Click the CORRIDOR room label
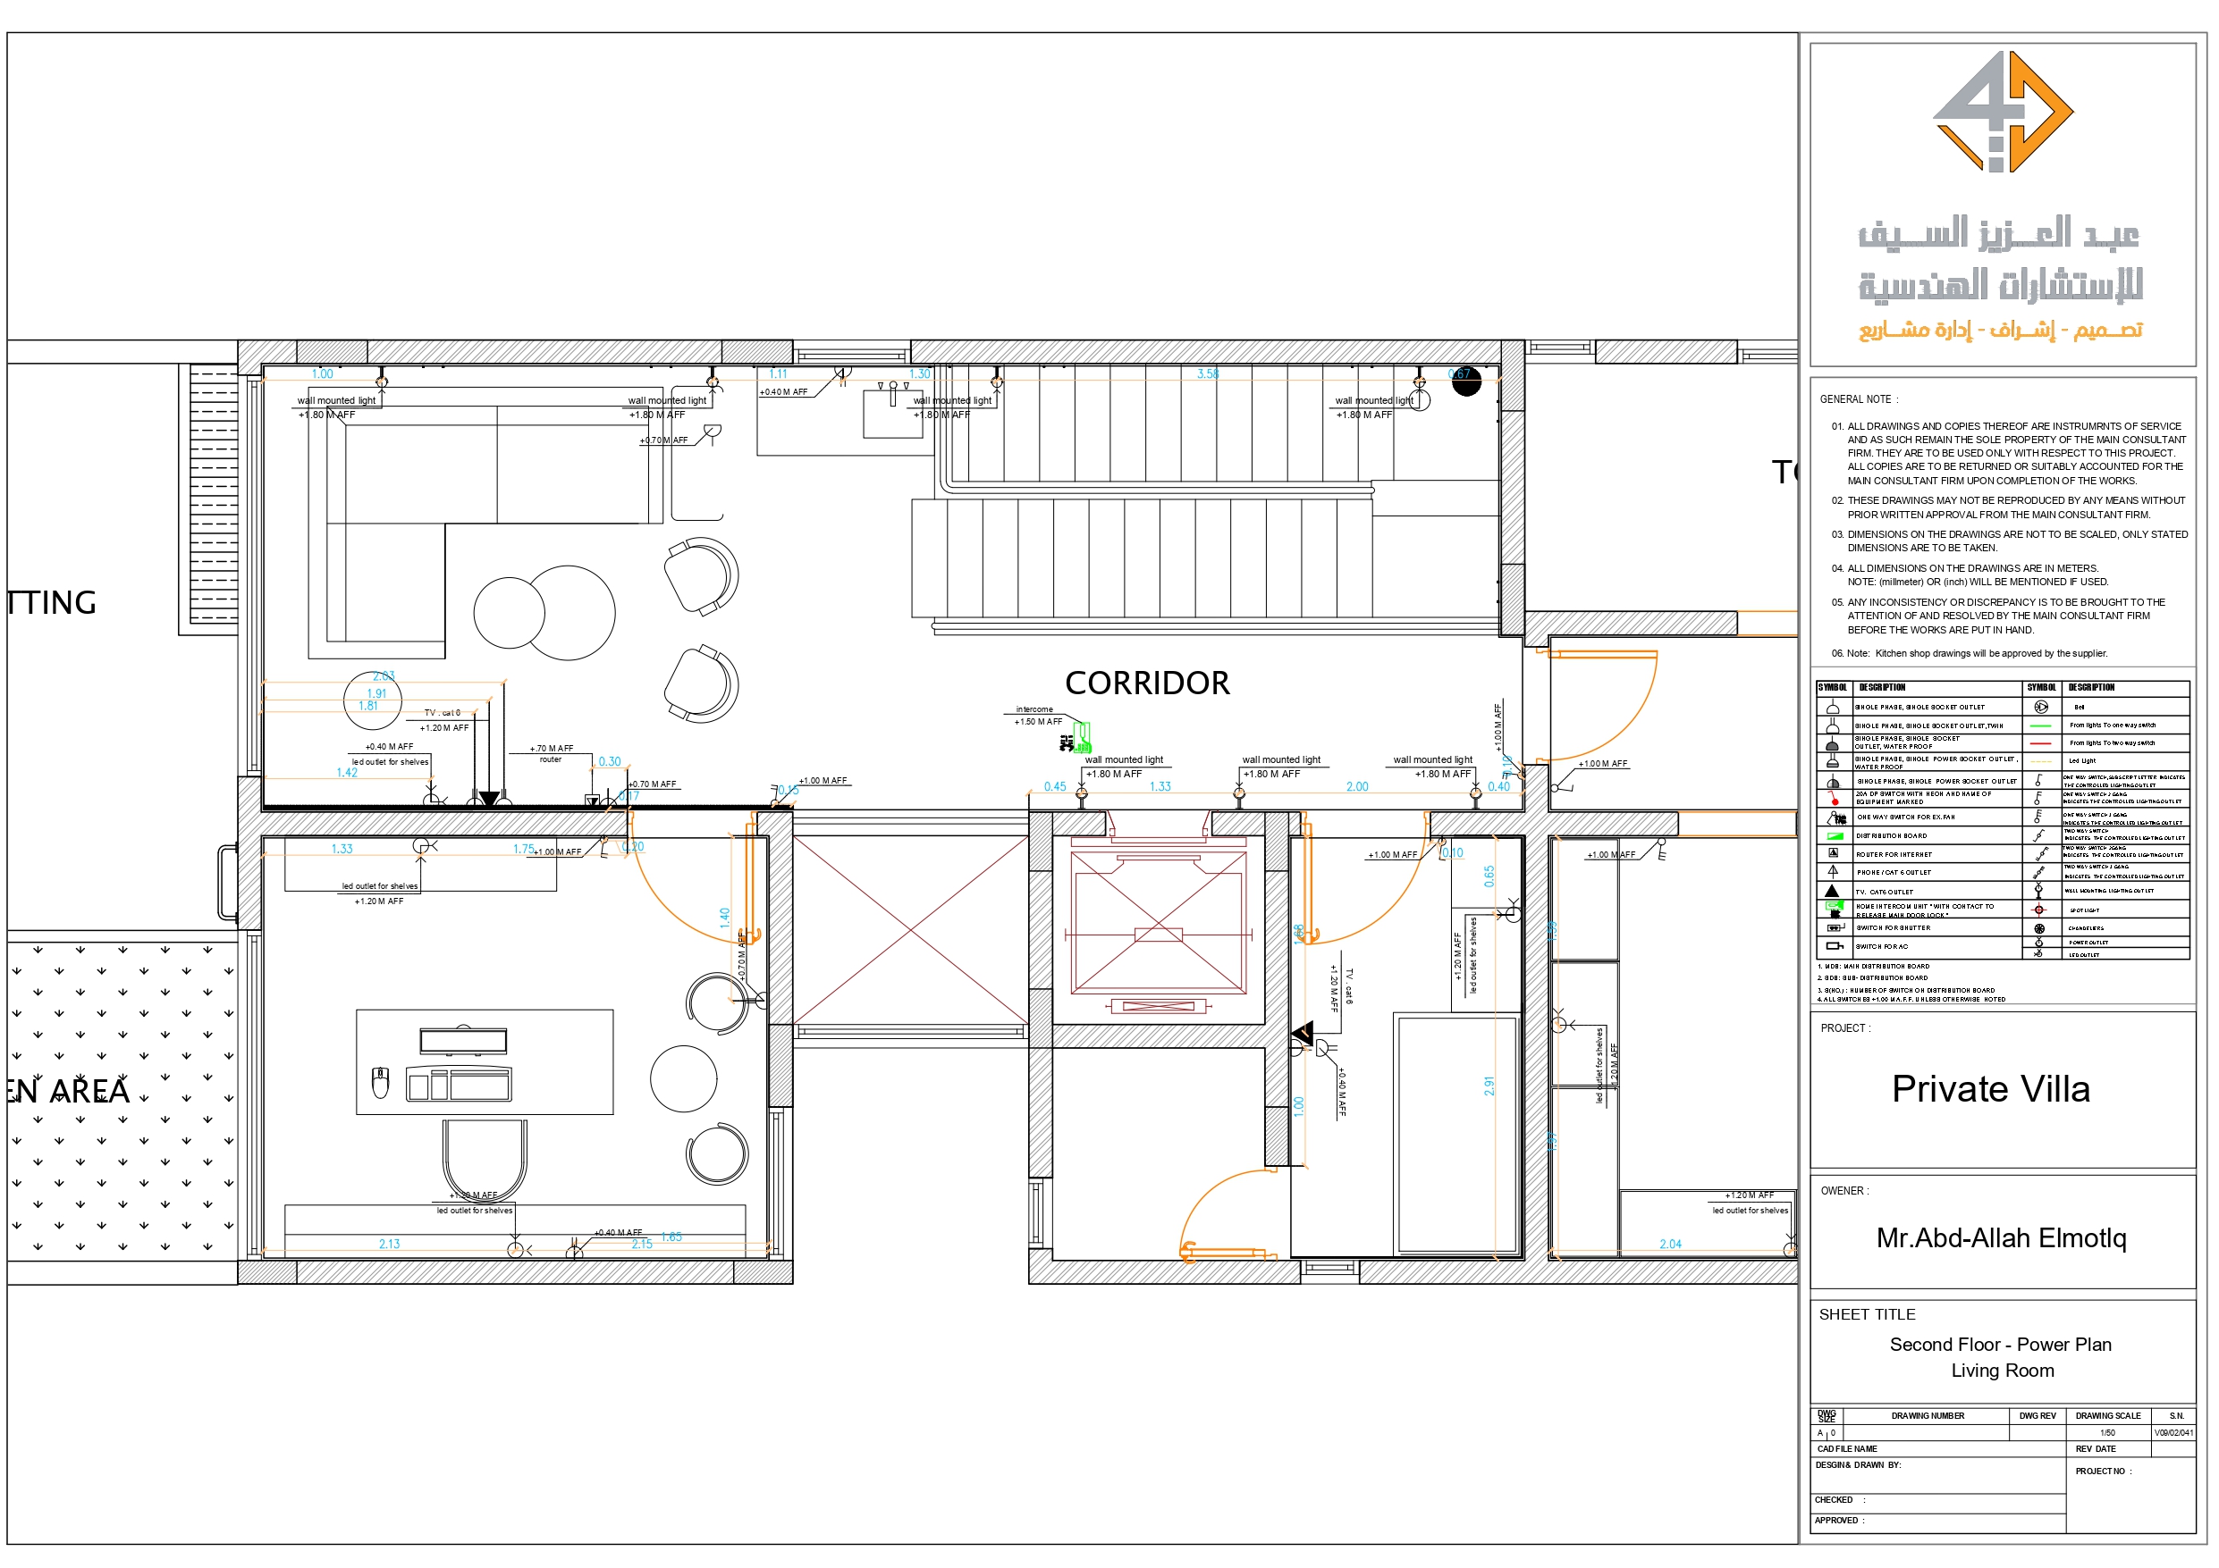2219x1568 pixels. pyautogui.click(x=1146, y=683)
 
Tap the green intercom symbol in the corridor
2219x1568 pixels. pyautogui.click(x=1082, y=738)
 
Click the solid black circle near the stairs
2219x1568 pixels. pyautogui.click(x=1466, y=382)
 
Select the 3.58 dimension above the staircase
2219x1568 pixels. pyautogui.click(x=1207, y=373)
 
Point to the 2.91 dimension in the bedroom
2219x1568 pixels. pyautogui.click(x=1489, y=1086)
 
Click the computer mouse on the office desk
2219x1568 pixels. pyautogui.click(x=381, y=1083)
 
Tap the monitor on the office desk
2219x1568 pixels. pyautogui.click(x=463, y=1041)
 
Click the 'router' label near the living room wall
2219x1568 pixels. pyautogui.click(x=550, y=759)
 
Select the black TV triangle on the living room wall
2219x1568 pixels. pyautogui.click(x=489, y=798)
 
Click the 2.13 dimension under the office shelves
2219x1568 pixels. pyautogui.click(x=389, y=1245)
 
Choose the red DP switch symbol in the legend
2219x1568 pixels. pyautogui.click(x=1834, y=799)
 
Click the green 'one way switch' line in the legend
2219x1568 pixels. pyautogui.click(x=2040, y=725)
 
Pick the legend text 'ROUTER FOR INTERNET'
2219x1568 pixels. pyautogui.click(x=1894, y=854)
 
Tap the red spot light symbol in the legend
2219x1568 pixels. pyautogui.click(x=2039, y=910)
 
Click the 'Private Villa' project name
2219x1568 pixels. pyautogui.click(x=1990, y=1089)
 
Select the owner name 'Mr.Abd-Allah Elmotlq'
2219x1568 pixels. pyautogui.click(x=2001, y=1237)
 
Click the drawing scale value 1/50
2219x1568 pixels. pyautogui.click(x=2107, y=1433)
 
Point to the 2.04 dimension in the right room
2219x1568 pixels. pyautogui.click(x=1670, y=1245)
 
